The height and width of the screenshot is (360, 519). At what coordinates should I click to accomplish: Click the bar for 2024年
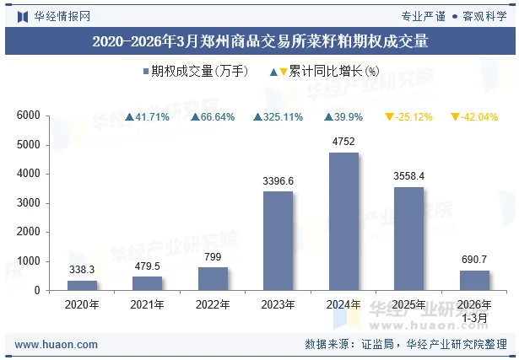[343, 222]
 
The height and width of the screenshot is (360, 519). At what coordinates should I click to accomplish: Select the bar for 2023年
[278, 241]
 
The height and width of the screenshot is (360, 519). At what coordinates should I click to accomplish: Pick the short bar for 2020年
[82, 286]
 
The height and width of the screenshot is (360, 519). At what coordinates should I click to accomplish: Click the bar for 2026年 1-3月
[474, 281]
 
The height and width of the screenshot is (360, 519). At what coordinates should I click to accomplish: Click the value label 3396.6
[278, 180]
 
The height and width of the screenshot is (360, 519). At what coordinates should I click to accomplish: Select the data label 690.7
[474, 260]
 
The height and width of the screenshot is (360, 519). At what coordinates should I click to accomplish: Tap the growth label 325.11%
[278, 116]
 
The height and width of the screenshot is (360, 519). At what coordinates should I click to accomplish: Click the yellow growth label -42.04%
[474, 116]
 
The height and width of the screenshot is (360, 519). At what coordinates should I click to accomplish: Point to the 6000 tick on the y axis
[29, 116]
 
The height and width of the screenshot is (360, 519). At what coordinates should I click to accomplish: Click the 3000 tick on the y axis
[29, 203]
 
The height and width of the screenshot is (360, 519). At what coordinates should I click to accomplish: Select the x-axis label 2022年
[213, 304]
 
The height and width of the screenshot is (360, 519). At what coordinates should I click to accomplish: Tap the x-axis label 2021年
[147, 304]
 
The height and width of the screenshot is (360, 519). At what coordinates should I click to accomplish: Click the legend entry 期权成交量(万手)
[194, 72]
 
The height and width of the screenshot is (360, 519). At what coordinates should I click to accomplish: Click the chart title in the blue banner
[259, 40]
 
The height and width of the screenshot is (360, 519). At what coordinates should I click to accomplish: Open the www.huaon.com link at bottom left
[57, 345]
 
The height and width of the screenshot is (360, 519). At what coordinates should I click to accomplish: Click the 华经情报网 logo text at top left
[56, 15]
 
